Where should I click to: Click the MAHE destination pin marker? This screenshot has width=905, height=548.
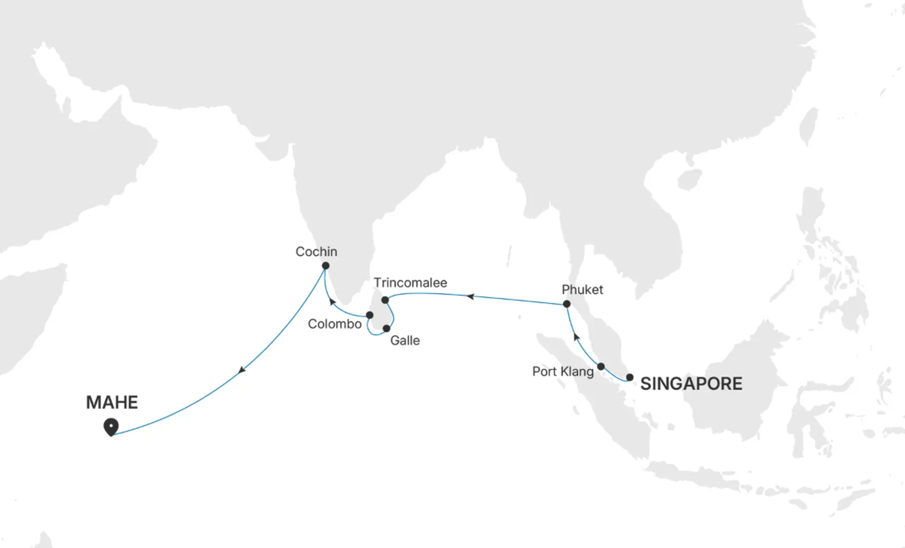pos(111,426)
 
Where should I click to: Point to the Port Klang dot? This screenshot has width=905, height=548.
pos(601,366)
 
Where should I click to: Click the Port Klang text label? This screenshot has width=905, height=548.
pos(563,372)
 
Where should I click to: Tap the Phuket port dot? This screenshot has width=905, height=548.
pos(567,304)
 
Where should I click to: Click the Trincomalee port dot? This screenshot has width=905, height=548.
pos(385,300)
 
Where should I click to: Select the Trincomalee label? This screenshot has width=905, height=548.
pos(410,283)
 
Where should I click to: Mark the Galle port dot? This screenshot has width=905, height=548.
pos(386,328)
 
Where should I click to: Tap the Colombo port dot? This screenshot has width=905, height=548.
pos(370,315)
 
